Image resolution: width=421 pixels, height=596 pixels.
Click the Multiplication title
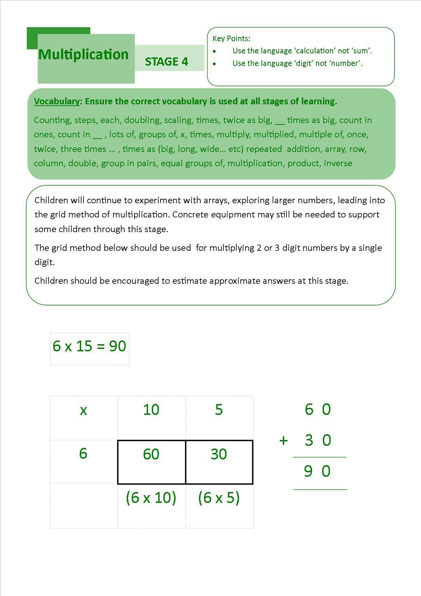click(x=83, y=55)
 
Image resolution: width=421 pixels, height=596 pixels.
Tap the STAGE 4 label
click(x=166, y=62)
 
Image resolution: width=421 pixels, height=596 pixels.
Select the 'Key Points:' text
click(x=231, y=38)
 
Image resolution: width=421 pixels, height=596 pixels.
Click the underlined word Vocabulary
click(x=56, y=101)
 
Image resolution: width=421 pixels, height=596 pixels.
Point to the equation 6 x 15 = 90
click(x=89, y=346)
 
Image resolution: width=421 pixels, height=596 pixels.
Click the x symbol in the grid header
click(x=83, y=410)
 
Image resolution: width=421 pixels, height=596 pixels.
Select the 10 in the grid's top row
click(x=151, y=410)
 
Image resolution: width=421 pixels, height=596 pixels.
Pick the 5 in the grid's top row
click(x=219, y=410)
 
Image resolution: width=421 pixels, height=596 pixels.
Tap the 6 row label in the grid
click(x=83, y=454)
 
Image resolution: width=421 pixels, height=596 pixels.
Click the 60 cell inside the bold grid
click(x=151, y=454)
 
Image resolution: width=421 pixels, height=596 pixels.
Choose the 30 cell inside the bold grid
click(x=219, y=454)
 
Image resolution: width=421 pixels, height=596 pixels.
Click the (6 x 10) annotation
click(x=151, y=498)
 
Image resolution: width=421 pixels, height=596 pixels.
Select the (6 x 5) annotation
click(x=219, y=498)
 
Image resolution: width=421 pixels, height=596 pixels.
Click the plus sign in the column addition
click(x=283, y=441)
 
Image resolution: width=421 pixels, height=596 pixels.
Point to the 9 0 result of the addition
click(x=317, y=472)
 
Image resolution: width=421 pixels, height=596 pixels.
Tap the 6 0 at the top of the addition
click(x=318, y=409)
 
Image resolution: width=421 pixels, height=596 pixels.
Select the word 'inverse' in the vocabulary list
click(x=338, y=163)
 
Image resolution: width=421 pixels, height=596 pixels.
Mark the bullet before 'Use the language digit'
click(x=214, y=64)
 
